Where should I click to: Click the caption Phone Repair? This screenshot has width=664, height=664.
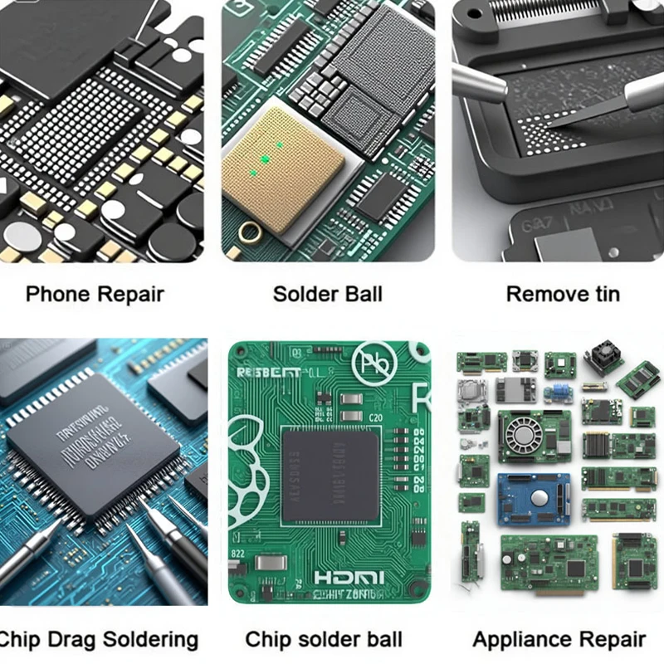[95, 294]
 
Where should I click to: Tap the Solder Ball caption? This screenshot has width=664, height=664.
[328, 294]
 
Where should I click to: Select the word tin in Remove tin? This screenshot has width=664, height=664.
[604, 294]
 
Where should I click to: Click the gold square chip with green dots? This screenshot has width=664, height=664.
[282, 170]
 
